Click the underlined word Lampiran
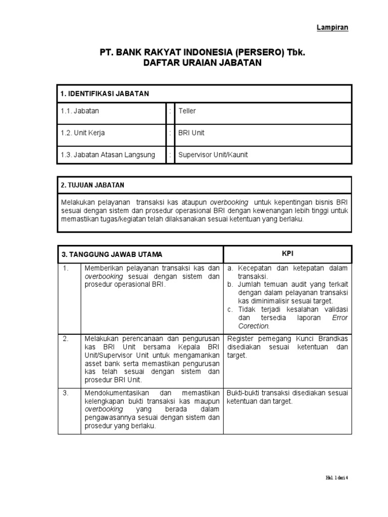[x=332, y=27]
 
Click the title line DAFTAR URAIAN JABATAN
[x=193, y=63]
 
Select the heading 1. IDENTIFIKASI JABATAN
[x=105, y=94]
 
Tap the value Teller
[x=187, y=111]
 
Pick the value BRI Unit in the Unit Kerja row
[x=191, y=133]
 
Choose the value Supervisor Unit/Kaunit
[x=213, y=155]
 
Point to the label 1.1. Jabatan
[x=80, y=111]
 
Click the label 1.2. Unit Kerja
[x=83, y=133]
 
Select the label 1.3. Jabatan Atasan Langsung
[x=108, y=155]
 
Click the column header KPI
[x=287, y=253]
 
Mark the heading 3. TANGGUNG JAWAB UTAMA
[x=112, y=254]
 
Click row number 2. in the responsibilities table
[x=66, y=338]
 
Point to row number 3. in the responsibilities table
[x=66, y=393]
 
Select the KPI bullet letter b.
[x=230, y=284]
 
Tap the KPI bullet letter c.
[x=230, y=309]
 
